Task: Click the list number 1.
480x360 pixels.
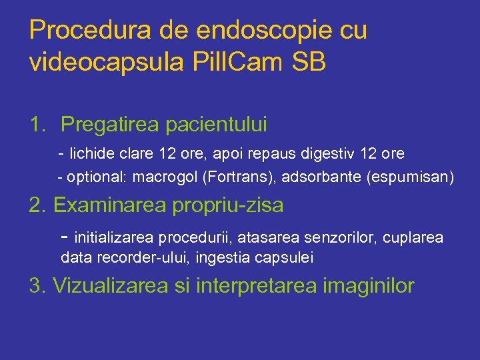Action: click(37, 125)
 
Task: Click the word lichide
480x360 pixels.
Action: click(93, 154)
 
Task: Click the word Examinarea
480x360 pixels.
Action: click(110, 205)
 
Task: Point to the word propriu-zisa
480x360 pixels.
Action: click(228, 205)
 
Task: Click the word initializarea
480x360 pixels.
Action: click(111, 238)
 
